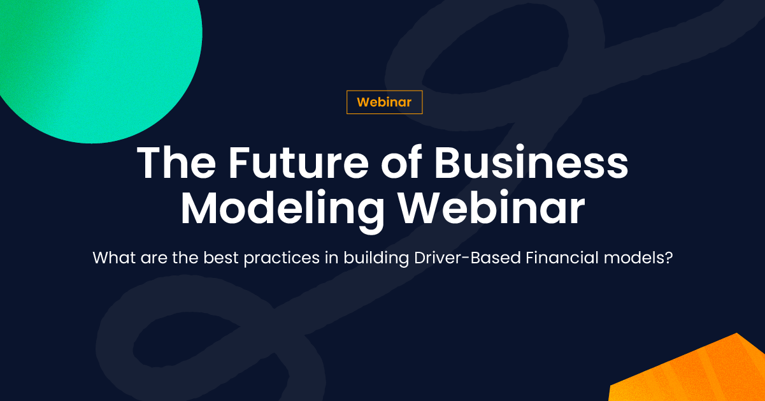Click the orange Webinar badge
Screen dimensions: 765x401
(384, 102)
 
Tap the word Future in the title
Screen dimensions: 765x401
(298, 162)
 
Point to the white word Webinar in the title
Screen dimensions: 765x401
(492, 207)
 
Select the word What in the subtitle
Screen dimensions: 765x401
(114, 258)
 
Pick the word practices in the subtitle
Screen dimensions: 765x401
(282, 259)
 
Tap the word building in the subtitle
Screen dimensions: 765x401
(376, 259)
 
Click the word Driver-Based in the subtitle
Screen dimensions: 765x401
(468, 258)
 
